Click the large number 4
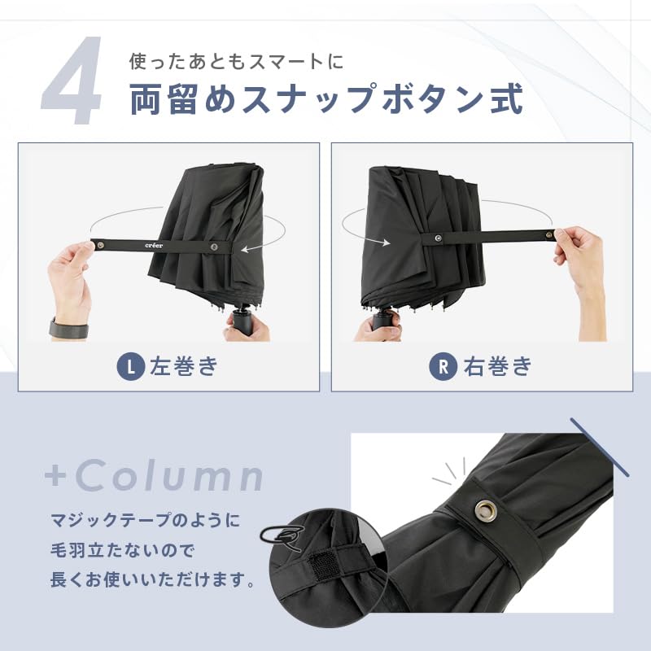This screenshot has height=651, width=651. (72, 80)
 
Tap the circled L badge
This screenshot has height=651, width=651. (131, 366)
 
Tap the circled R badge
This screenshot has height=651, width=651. (443, 366)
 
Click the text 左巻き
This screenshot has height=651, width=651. (184, 366)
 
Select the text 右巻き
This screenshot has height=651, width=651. (497, 366)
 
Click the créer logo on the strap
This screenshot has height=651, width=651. (154, 246)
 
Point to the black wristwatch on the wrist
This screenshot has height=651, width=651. (69, 329)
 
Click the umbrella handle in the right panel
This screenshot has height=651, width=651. (382, 321)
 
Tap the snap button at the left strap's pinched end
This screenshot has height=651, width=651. (100, 245)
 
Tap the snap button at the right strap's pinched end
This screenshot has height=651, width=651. (548, 235)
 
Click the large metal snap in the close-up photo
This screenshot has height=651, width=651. (485, 510)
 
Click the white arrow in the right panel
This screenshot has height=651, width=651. (377, 239)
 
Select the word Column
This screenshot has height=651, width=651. (169, 476)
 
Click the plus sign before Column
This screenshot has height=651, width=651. (55, 476)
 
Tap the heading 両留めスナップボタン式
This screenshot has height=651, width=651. (326, 98)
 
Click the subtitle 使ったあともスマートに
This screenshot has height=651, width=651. (237, 62)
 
